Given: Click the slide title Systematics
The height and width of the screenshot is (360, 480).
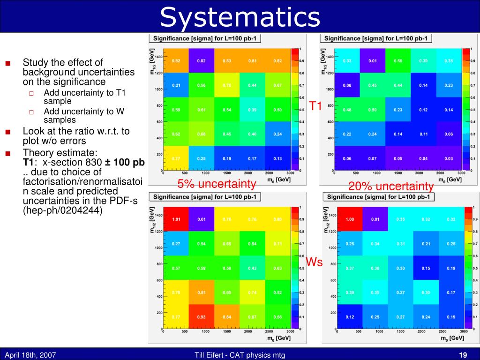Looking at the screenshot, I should [240, 17].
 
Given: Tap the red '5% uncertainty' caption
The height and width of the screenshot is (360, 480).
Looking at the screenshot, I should [217, 184].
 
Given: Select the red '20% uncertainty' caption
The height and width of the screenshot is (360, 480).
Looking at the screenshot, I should [391, 186].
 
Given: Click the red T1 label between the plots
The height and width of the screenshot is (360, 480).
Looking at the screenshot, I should [315, 107].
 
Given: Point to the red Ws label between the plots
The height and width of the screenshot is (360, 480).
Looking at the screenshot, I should [314, 262].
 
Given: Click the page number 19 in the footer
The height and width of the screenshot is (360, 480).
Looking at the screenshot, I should [464, 355].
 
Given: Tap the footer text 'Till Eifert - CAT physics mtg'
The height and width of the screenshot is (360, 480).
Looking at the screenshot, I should [240, 355].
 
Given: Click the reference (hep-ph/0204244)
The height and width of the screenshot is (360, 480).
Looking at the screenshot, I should [62, 210].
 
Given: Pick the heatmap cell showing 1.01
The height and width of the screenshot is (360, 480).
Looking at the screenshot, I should [176, 218].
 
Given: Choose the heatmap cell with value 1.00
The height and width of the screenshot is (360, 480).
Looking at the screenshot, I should [350, 218].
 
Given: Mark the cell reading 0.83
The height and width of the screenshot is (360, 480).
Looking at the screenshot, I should [227, 61].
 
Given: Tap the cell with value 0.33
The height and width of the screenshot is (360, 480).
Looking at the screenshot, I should [347, 61].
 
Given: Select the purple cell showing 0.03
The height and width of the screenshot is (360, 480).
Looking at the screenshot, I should [449, 158].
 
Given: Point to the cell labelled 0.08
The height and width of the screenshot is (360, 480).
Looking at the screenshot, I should [347, 85].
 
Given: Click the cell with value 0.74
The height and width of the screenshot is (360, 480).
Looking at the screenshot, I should [252, 292].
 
